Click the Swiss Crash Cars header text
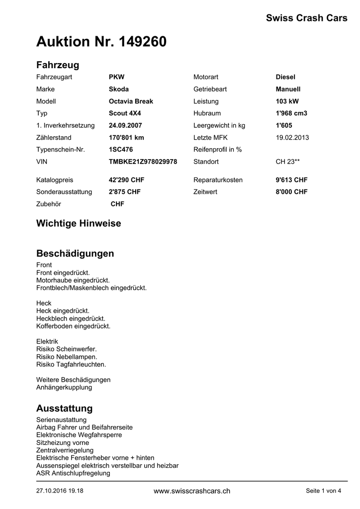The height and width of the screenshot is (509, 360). coord(306,18)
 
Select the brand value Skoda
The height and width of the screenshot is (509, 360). coord(119,89)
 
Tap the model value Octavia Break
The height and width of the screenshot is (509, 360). coord(131,101)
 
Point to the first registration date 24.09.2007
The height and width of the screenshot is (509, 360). coord(125,126)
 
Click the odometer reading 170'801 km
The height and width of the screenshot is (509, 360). coord(126,138)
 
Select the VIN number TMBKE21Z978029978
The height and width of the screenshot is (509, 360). coord(143,162)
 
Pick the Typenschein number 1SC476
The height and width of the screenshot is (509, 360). coord(121,150)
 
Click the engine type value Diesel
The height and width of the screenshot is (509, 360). coord(285,77)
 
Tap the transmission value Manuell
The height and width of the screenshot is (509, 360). coord(288,89)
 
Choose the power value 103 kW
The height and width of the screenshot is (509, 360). coord(287,101)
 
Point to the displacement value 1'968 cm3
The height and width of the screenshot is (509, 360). coord(291,113)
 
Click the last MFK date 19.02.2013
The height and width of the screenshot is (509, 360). coord(292,138)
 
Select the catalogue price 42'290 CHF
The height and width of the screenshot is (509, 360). coord(126,180)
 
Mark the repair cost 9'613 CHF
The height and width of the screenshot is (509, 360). coord(291,180)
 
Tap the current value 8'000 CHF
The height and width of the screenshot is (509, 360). coord(291,192)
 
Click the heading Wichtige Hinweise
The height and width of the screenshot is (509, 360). coord(79,224)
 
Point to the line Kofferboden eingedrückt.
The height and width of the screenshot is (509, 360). coord(73,327)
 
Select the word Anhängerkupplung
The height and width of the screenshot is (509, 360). coord(64,388)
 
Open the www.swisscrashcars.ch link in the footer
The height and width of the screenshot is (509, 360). coord(192,491)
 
